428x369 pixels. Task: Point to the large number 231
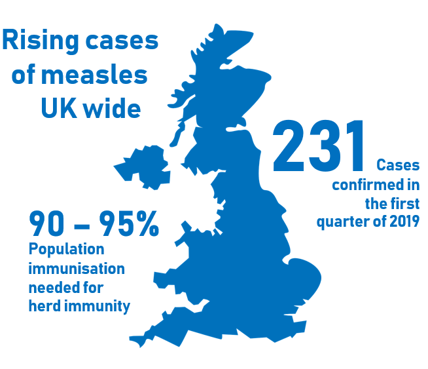(319, 146)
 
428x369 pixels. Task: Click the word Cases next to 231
(398, 165)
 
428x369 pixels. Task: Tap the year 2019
(403, 222)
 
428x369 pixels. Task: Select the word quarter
(342, 222)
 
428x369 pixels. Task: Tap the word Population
(66, 250)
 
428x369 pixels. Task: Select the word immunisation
(77, 269)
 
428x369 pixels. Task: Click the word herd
(45, 305)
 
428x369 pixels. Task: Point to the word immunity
(98, 305)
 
